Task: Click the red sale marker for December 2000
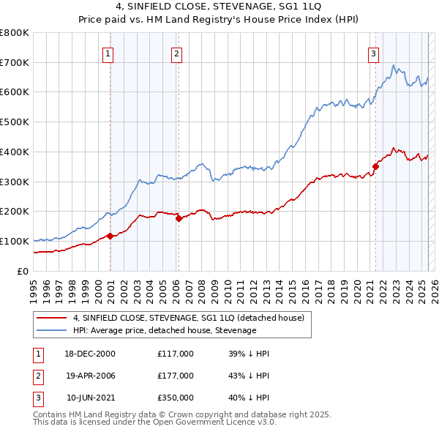pos(110,236)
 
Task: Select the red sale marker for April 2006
pos(179,217)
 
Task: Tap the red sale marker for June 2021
pos(375,166)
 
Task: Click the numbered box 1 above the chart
pos(108,53)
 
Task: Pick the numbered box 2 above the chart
pos(177,53)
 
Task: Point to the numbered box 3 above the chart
pos(373,53)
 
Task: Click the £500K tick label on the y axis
pos(15,122)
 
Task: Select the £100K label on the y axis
pos(15,241)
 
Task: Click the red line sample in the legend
pos(52,318)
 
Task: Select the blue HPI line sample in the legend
pos(52,330)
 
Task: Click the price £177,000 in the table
pos(176,376)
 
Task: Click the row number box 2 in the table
pos(37,376)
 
